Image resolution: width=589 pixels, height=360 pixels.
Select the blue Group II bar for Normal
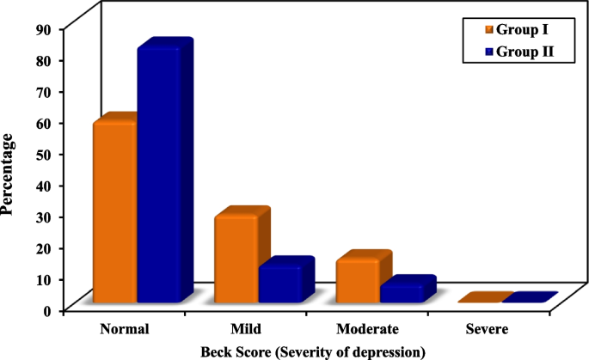[x=159, y=176]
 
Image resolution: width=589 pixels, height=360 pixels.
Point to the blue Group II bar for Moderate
[x=402, y=293]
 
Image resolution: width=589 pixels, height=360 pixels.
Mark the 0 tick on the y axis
[x=48, y=310]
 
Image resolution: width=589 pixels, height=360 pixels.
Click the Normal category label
[x=125, y=329]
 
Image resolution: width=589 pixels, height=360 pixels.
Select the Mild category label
[x=246, y=329]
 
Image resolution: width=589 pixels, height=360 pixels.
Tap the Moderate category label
[x=367, y=329]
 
